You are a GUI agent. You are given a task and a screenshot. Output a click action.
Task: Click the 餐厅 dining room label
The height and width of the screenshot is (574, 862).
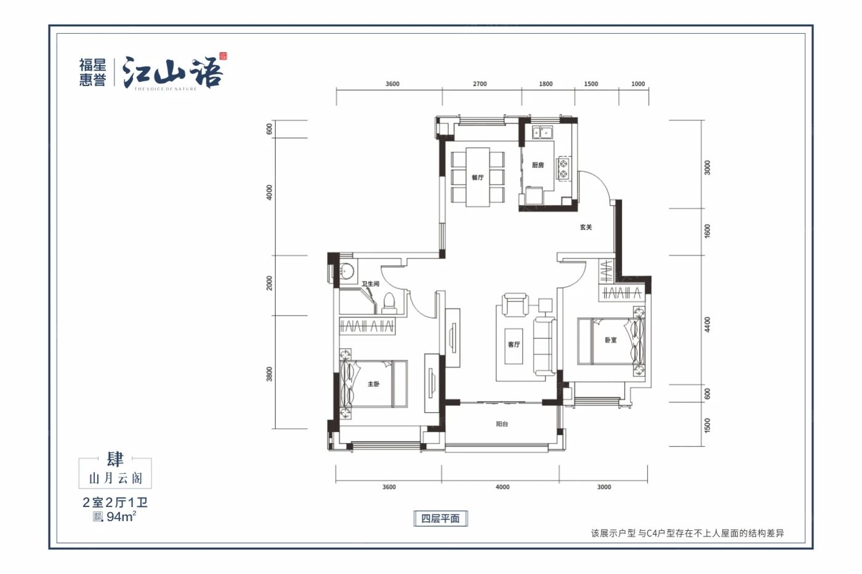tap(477, 177)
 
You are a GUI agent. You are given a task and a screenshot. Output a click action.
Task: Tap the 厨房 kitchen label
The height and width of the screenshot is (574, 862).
tap(538, 165)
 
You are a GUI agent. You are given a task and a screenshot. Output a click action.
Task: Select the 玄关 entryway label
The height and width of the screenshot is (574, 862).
tap(586, 227)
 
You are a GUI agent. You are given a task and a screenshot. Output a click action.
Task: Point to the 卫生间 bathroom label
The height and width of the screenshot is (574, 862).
tap(370, 284)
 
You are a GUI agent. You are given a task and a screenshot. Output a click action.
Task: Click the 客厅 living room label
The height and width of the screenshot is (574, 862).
tap(514, 344)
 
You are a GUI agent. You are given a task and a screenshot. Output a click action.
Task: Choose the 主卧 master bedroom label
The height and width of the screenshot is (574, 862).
tap(373, 384)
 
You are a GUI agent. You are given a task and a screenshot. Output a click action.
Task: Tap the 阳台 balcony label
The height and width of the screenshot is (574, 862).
tap(502, 424)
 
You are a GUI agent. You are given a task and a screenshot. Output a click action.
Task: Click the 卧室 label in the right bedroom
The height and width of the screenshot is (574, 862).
tap(610, 340)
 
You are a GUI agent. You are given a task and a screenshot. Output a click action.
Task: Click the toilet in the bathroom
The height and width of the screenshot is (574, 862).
tap(389, 303)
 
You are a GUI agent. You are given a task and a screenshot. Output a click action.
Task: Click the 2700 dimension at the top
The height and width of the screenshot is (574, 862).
tap(480, 84)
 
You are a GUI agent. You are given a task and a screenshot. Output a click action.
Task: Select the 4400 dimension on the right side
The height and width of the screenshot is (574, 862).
tap(707, 324)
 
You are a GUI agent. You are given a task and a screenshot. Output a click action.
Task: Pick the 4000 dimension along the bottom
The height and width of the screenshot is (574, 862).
tap(502, 487)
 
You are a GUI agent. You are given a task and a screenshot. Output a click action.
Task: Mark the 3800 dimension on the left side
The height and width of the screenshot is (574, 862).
tap(269, 373)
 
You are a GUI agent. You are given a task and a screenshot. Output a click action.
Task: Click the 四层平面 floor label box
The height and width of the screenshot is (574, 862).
tap(440, 519)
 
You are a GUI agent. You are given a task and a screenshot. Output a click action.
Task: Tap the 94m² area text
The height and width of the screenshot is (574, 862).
tap(120, 517)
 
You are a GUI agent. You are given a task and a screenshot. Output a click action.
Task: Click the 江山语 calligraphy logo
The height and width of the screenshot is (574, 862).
tap(172, 73)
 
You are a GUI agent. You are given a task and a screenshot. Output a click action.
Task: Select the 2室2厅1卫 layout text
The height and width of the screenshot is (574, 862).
tap(115, 502)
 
